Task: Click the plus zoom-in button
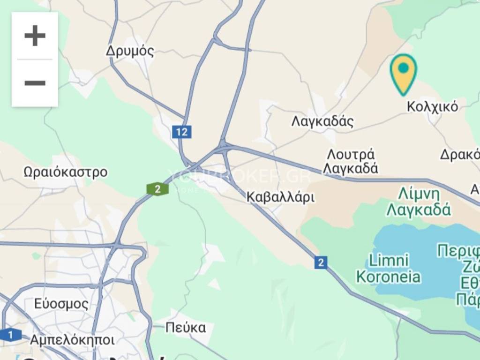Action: (35, 36)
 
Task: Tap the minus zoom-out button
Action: (35, 83)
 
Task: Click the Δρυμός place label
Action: (130, 51)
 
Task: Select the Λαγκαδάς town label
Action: (322, 121)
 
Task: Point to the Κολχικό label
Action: (432, 107)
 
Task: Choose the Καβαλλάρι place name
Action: (281, 197)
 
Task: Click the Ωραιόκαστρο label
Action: (66, 172)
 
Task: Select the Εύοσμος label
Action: (61, 304)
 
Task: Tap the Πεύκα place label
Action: (186, 327)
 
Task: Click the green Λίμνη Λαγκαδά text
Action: (419, 202)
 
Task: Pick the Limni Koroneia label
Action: (389, 268)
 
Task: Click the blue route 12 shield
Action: (181, 132)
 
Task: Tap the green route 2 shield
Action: (158, 189)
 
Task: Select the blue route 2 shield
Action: (321, 262)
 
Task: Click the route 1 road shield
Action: (10, 335)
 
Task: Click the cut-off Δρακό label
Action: (460, 154)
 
